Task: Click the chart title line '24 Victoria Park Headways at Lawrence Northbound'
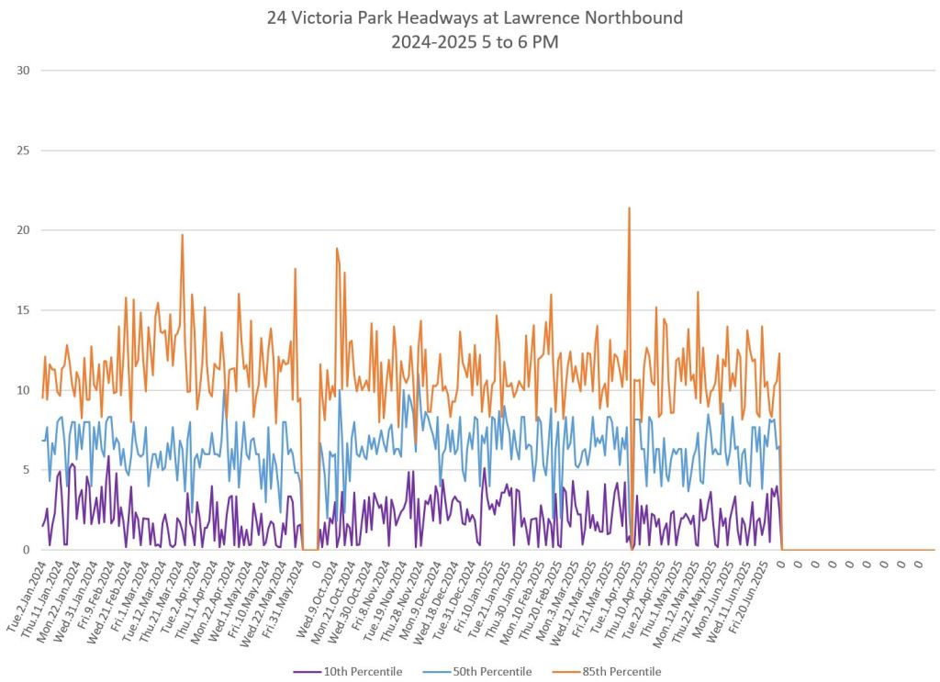pos(475,17)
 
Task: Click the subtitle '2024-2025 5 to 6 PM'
pos(475,41)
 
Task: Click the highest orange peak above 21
pos(629,208)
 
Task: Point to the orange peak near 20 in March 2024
pos(182,235)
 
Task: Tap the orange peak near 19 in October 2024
pos(337,249)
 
